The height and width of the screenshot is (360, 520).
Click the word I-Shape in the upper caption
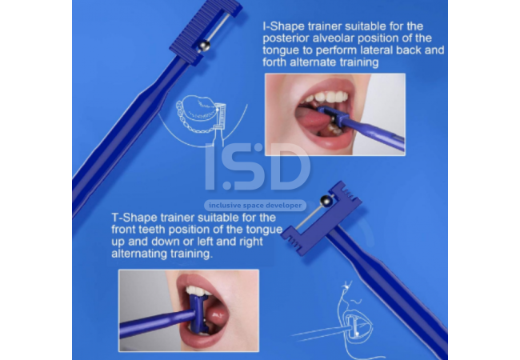point(283,26)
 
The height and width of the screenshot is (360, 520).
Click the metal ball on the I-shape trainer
point(204,46)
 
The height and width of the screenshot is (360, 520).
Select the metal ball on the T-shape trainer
point(326,201)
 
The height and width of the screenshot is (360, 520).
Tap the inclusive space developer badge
point(255,206)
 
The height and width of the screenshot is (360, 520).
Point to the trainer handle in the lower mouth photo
point(157,322)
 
